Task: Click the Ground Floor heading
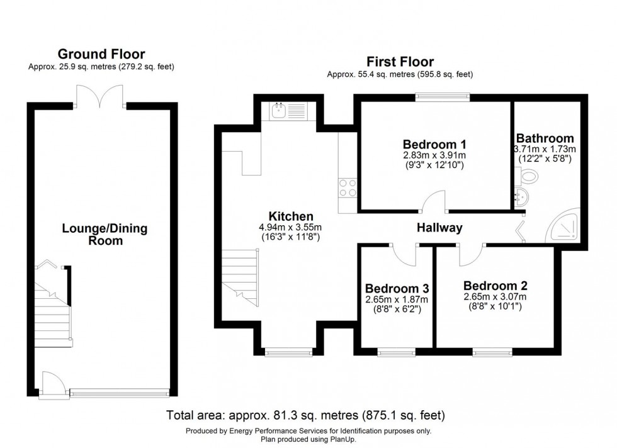point(101,54)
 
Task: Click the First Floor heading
point(400,62)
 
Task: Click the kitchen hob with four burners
point(348,188)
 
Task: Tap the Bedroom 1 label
point(433,142)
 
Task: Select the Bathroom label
point(545,138)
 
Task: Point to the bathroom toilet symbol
point(528,179)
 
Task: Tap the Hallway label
point(439,228)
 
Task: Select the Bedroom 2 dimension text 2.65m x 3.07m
point(494,296)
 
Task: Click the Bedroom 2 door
point(470,252)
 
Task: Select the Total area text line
point(305,415)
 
